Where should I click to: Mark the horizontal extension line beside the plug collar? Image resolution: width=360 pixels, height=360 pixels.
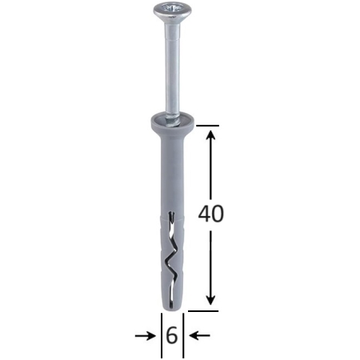[205, 126]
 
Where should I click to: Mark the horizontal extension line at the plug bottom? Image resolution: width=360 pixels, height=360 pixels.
[205, 306]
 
